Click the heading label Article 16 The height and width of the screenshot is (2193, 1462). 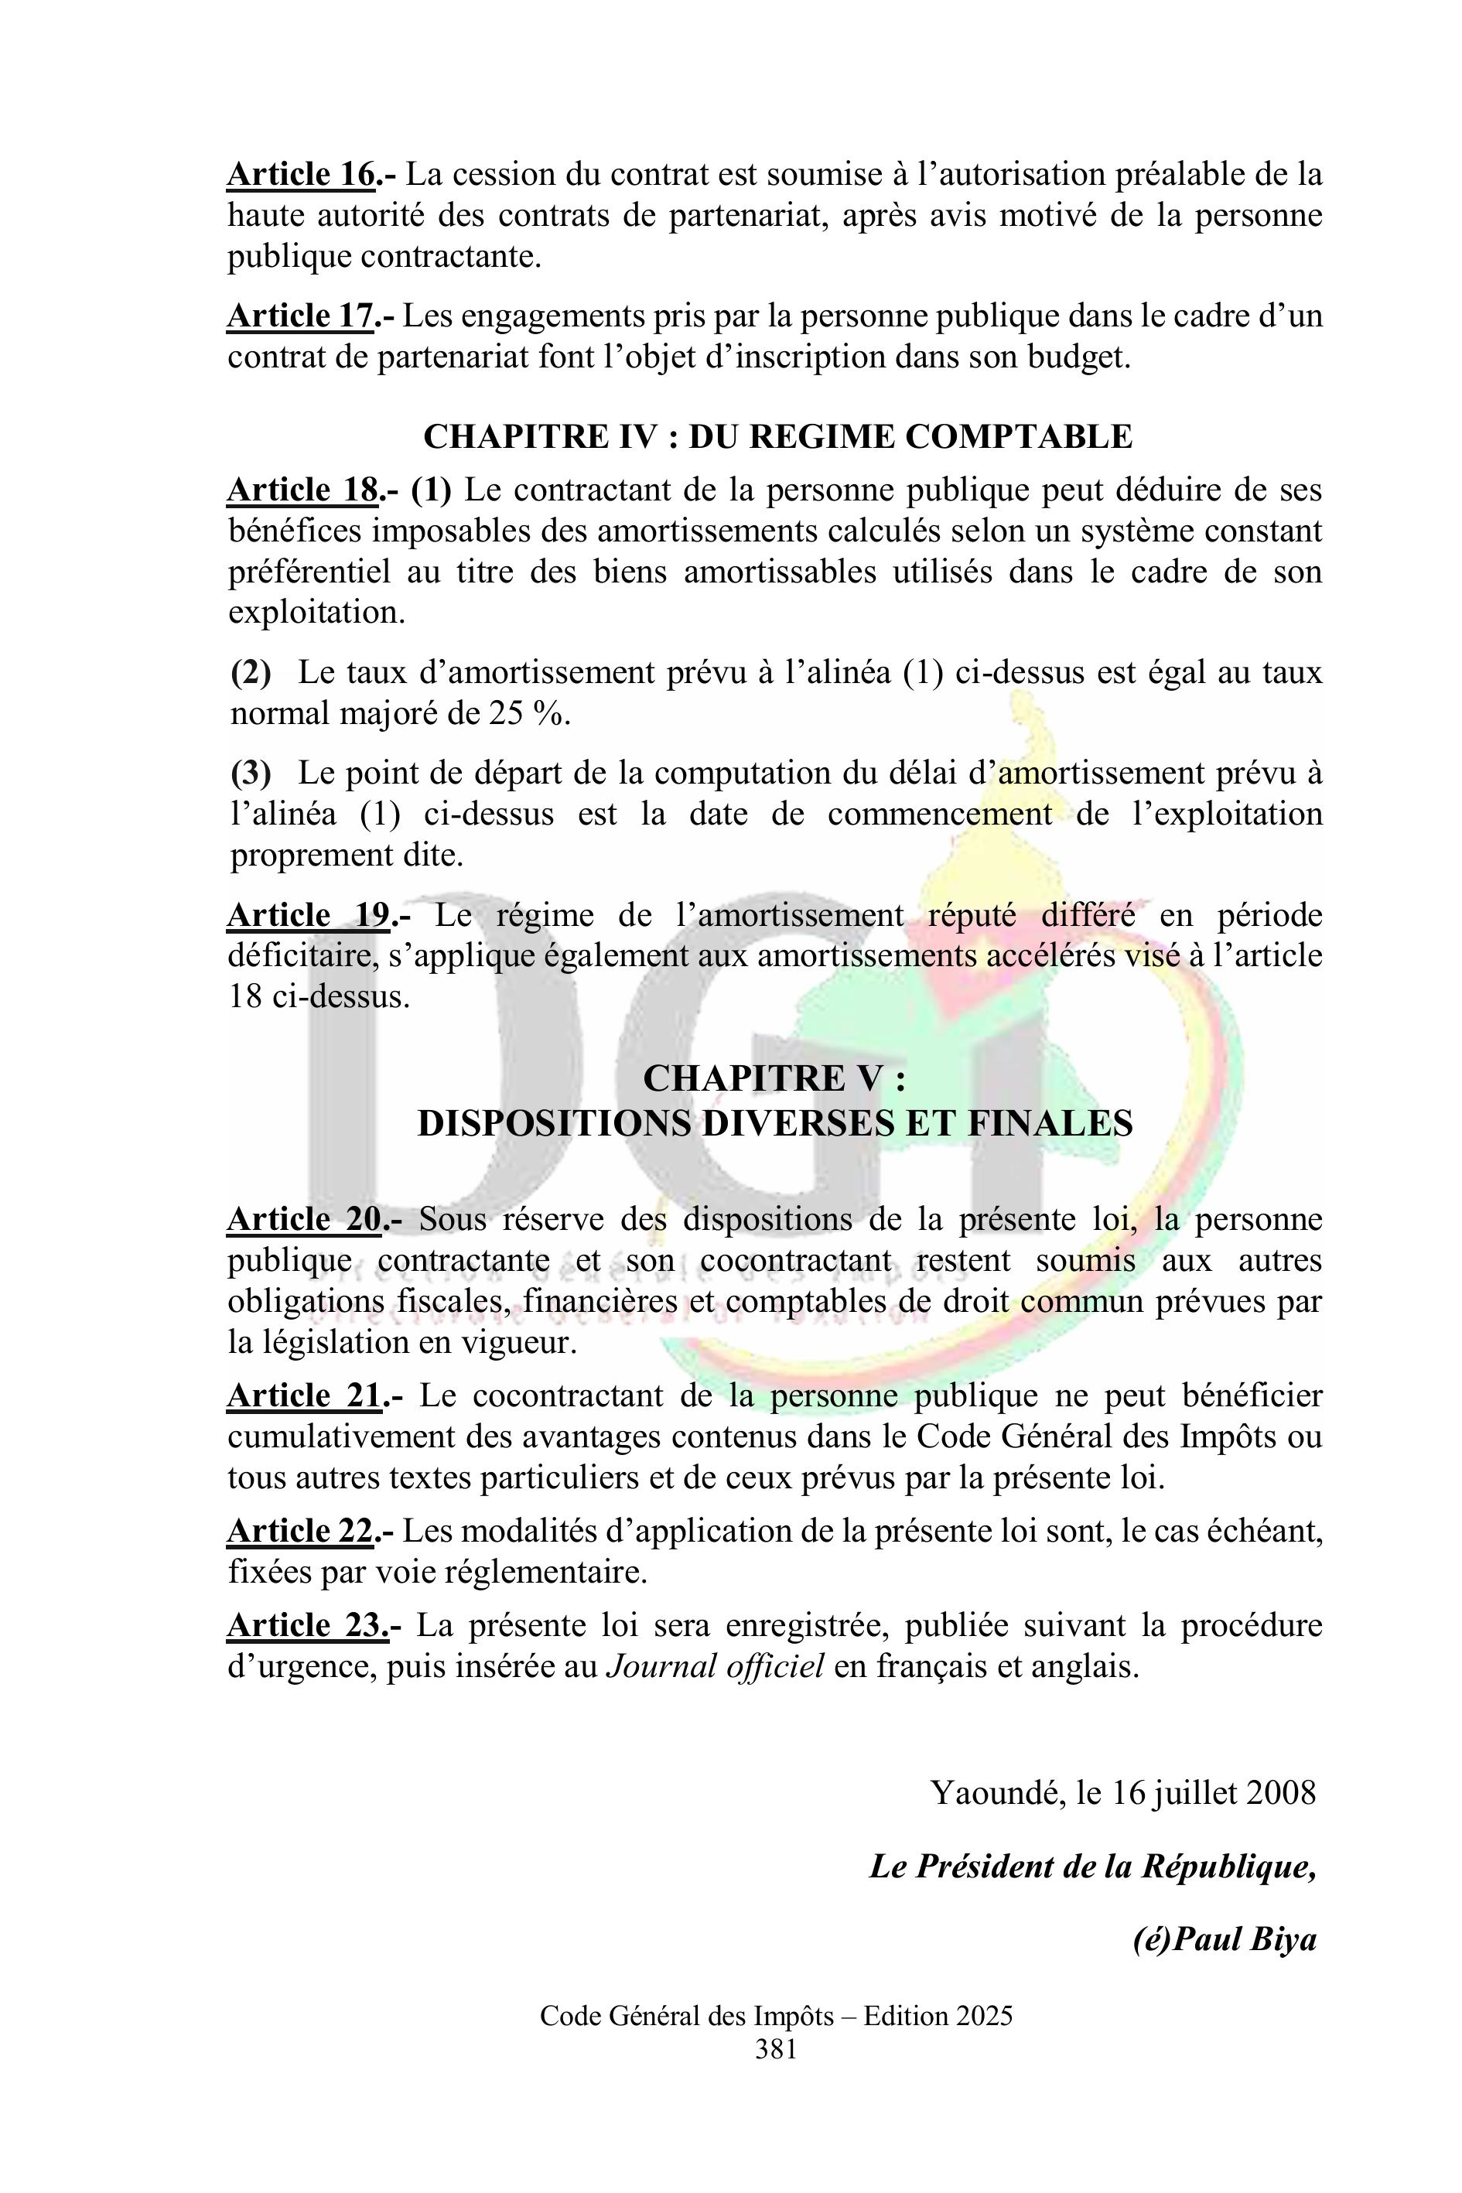pos(301,174)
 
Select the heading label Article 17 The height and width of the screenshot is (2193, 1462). pos(300,316)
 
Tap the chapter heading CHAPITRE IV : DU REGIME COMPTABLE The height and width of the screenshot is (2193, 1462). pos(777,436)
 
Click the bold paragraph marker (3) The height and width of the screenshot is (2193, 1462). pos(251,773)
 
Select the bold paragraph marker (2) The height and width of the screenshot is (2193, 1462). pos(251,672)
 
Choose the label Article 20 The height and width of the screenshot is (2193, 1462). pos(304,1218)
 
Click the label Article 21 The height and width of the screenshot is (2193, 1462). pos(304,1395)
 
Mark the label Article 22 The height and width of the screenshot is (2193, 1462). pos(300,1531)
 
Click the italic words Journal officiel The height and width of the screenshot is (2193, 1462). pos(714,1666)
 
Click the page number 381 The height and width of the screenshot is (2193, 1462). pos(776,2049)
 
